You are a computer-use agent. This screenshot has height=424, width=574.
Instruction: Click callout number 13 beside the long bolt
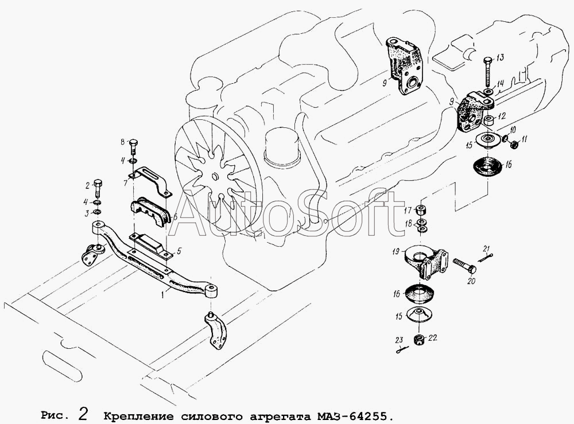pyautogui.click(x=500, y=57)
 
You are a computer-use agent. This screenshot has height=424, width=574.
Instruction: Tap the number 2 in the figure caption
pyautogui.click(x=83, y=414)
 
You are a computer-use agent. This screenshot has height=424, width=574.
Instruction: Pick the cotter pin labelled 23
pyautogui.click(x=402, y=350)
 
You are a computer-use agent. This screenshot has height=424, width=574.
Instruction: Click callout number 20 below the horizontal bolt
pyautogui.click(x=471, y=281)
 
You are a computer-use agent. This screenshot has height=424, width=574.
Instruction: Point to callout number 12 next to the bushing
pyautogui.click(x=502, y=116)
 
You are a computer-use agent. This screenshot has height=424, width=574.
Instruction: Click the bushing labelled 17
pyautogui.click(x=421, y=210)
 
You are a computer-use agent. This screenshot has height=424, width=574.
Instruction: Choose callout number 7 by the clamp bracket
pyautogui.click(x=125, y=182)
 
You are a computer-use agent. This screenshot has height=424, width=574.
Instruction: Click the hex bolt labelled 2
pyautogui.click(x=99, y=187)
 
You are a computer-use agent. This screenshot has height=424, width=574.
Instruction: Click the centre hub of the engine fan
pyautogui.click(x=214, y=177)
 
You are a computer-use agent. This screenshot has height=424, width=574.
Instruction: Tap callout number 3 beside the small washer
pyautogui.click(x=87, y=213)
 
